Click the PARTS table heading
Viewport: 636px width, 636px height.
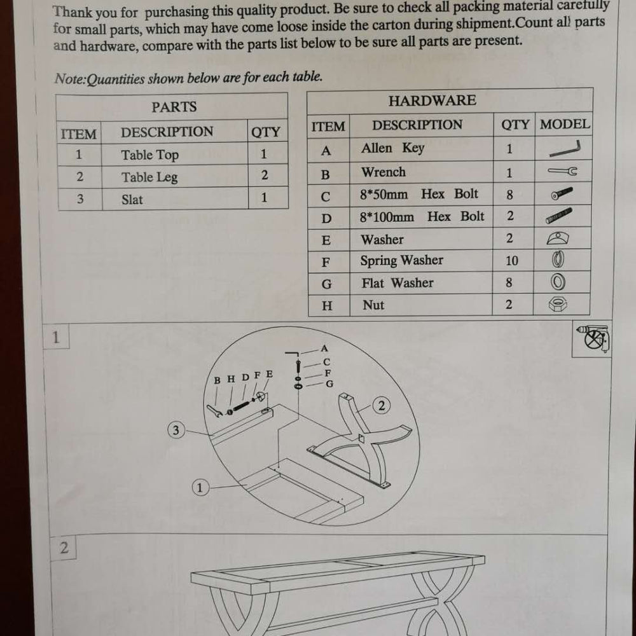pos(174,107)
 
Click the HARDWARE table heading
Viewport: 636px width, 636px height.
pos(432,100)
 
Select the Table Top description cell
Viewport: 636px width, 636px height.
pos(174,154)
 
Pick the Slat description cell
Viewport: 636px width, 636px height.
pos(176,198)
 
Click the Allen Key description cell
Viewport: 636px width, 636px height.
pos(422,148)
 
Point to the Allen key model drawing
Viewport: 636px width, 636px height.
pos(564,149)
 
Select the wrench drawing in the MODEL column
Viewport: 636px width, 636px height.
pos(562,171)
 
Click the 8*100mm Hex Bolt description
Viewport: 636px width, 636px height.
pos(422,217)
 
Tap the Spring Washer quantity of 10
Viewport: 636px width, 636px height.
pos(512,260)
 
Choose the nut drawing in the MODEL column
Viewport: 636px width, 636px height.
pos(558,304)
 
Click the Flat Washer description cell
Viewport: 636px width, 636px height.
pos(421,283)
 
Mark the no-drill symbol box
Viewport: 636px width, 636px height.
pos(591,339)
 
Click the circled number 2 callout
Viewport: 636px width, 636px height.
pos(381,406)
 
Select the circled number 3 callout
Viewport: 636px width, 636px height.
pos(176,430)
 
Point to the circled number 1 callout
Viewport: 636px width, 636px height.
pos(200,488)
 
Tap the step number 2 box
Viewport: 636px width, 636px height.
pos(63,548)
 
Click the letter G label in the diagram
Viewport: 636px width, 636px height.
pos(329,384)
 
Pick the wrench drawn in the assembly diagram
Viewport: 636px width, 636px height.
pos(214,411)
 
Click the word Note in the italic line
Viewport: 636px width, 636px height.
pos(70,79)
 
